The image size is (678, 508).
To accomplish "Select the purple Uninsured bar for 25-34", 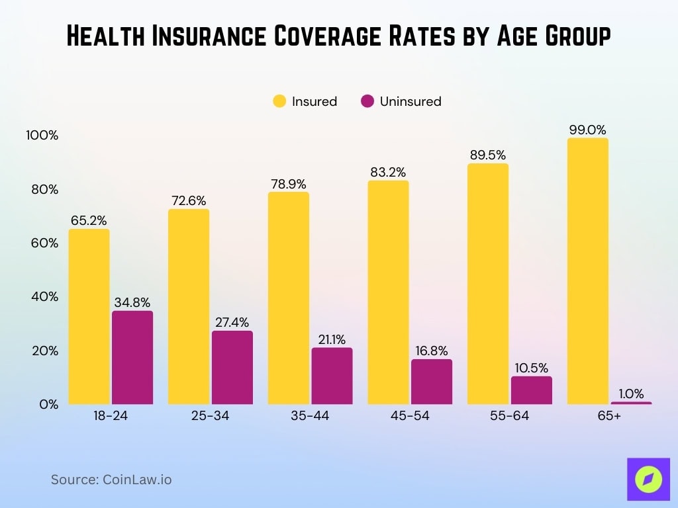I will click(x=232, y=367).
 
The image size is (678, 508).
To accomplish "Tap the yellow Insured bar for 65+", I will click(x=587, y=271).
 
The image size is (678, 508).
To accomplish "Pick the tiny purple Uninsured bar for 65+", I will click(x=631, y=402).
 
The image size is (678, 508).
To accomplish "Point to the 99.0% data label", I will click(x=587, y=130).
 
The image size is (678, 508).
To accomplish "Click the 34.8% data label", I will click(x=132, y=303).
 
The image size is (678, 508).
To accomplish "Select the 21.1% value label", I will click(x=332, y=339).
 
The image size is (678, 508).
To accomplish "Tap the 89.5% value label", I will click(x=487, y=155).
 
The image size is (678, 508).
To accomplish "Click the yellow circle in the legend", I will click(x=279, y=101).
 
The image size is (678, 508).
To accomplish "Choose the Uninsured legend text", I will click(x=410, y=101).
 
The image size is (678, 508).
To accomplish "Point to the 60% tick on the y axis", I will click(x=43, y=243).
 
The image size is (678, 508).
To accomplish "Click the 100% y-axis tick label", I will click(x=42, y=136).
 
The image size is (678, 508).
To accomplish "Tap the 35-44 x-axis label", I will click(x=310, y=416).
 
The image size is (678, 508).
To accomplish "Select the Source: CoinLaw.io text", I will click(x=111, y=480).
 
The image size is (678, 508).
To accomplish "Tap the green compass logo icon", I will click(x=648, y=478).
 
